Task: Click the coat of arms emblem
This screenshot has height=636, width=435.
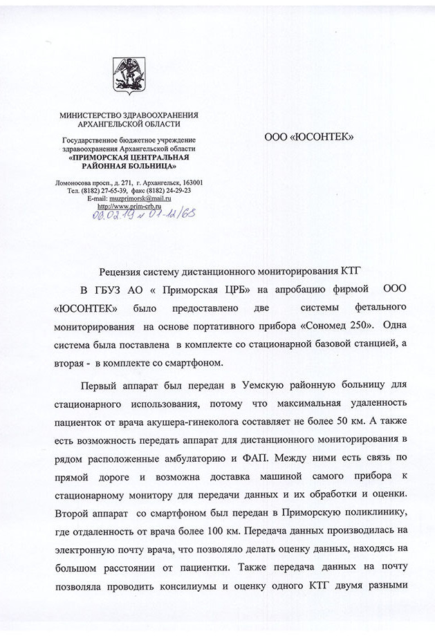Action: click(128, 77)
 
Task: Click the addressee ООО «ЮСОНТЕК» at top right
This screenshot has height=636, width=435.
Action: click(309, 137)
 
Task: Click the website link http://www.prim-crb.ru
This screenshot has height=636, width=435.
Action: click(129, 206)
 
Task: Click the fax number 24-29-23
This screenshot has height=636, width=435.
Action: click(176, 190)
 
